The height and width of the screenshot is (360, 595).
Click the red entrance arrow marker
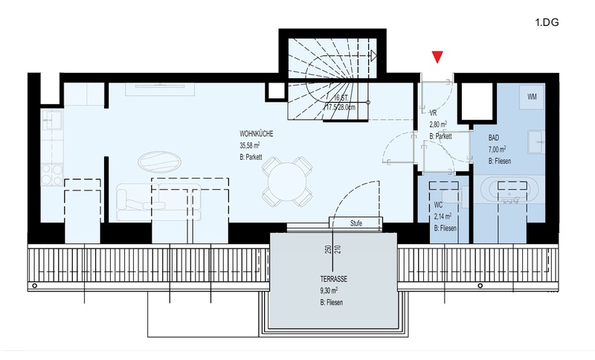click(x=437, y=57)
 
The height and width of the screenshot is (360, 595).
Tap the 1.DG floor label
click(x=547, y=22)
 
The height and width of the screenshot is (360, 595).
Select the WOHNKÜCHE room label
click(x=256, y=134)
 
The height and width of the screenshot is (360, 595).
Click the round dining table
click(x=287, y=182)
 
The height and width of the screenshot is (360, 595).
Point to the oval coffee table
click(x=159, y=162)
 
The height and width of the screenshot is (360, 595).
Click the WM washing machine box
click(x=532, y=97)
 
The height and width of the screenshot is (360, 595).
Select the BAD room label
click(x=494, y=138)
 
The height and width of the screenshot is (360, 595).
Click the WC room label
click(x=438, y=205)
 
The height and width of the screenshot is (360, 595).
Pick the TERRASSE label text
click(x=333, y=279)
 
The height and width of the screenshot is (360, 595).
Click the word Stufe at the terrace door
click(x=356, y=223)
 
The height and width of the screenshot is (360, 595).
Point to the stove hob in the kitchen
click(x=52, y=174)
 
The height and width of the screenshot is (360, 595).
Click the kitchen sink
click(x=52, y=120)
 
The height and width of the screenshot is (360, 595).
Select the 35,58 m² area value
click(x=250, y=145)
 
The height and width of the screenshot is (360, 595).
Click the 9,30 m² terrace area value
click(x=329, y=291)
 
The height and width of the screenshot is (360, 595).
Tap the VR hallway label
click(x=433, y=113)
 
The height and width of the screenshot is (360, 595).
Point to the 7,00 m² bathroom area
click(x=497, y=149)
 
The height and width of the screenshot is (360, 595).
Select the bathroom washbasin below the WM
click(x=536, y=142)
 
